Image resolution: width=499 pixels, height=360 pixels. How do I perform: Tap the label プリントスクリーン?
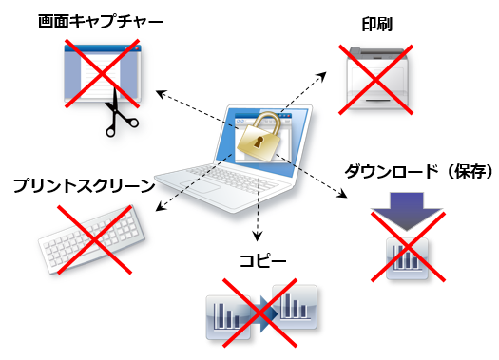83,183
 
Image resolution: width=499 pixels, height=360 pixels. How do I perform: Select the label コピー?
262,259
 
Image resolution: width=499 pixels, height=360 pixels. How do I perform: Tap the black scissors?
120,111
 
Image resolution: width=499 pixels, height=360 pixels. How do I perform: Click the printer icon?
378,76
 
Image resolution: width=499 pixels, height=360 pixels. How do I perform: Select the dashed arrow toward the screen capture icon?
190,104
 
